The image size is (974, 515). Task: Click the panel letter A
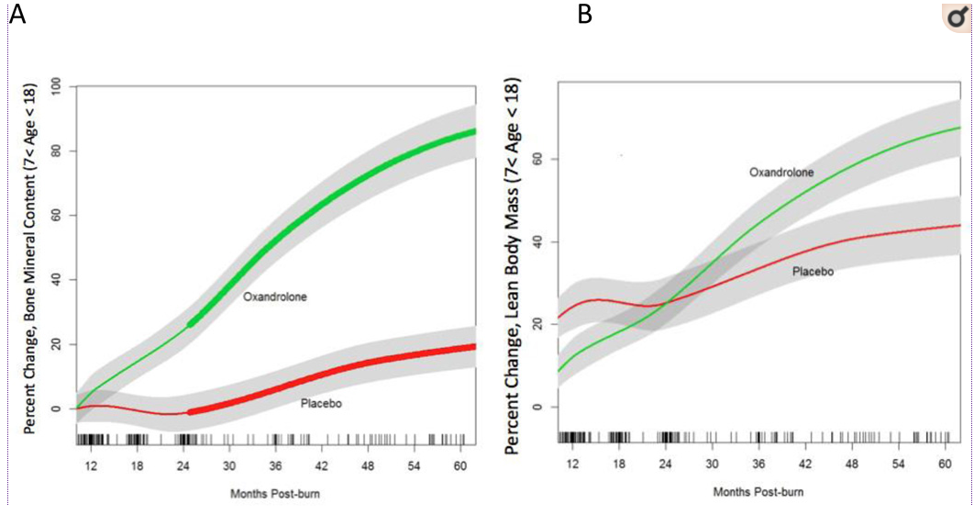[17, 15]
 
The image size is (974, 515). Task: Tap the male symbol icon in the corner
[955, 18]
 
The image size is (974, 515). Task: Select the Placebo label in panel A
[321, 403]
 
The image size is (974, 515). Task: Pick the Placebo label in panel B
[814, 272]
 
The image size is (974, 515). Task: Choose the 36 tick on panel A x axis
[275, 465]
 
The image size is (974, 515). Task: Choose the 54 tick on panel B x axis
[903, 465]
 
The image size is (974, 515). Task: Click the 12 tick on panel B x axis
[571, 465]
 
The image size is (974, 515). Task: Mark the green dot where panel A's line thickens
[190, 324]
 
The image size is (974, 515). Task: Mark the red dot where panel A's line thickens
[190, 412]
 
